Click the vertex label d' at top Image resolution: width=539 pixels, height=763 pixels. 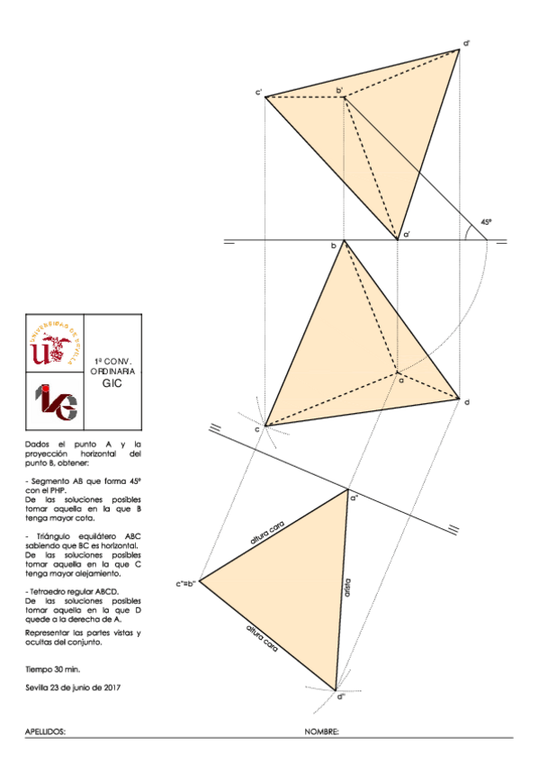tap(467, 42)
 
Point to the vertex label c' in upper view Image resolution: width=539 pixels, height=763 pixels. tap(258, 92)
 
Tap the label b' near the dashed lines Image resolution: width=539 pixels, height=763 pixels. tap(339, 91)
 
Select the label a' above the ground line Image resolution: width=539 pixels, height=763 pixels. tap(407, 234)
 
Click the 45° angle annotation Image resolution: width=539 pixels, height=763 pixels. tap(486, 221)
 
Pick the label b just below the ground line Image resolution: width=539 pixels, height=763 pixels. tap(333, 246)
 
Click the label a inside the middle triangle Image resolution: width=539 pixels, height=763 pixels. tap(401, 379)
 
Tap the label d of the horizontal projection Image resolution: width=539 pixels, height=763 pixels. tap(467, 401)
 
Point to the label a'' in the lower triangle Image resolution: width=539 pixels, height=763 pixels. tap(355, 496)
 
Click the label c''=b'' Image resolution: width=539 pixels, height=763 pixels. tap(187, 584)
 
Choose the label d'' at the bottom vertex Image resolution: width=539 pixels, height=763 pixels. tap(340, 696)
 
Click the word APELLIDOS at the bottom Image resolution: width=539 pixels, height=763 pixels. tap(46, 732)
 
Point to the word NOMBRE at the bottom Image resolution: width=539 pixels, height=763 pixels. tap(321, 732)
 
